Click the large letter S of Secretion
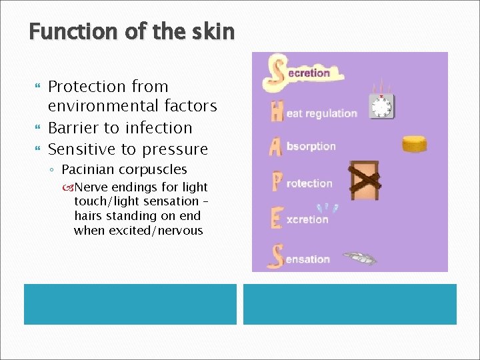[274, 73]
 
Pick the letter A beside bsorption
[276, 147]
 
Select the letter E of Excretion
[277, 218]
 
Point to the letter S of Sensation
[275, 257]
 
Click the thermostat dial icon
[382, 105]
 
